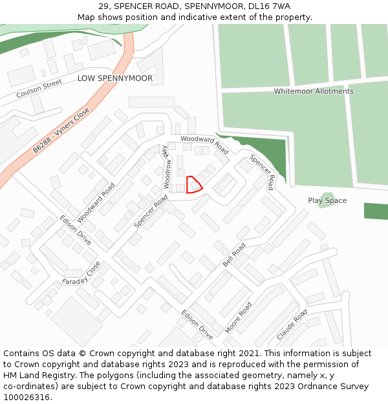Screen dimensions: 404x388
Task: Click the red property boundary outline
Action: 193,185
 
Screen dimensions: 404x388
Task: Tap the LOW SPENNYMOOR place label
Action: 115,78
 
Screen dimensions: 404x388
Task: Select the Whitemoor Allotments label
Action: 313,91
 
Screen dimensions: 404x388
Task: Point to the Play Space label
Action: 327,200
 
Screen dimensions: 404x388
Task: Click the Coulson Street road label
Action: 39,89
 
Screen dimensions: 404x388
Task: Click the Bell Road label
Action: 234,255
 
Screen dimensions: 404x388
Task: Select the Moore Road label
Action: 238,318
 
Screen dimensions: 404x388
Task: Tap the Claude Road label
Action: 292,325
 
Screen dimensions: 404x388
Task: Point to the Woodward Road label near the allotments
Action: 204,144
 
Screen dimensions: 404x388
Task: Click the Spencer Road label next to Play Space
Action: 262,172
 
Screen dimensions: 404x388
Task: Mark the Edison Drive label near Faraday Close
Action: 76,230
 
